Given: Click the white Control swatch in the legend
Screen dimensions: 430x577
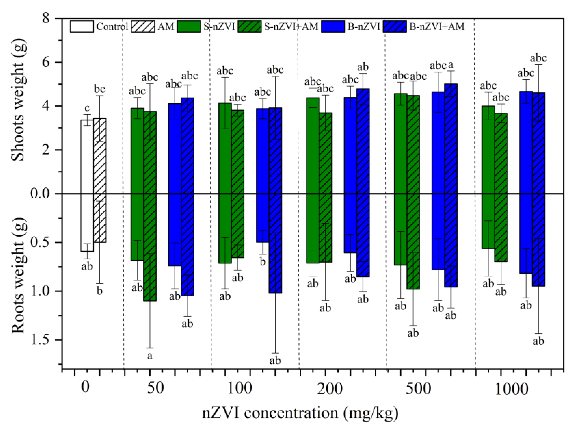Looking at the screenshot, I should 81,26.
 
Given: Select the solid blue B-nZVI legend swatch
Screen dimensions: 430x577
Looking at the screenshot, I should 333,26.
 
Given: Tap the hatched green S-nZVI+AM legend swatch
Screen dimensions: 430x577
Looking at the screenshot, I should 250,26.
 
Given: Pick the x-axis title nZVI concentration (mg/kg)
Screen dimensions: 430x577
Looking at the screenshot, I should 300,413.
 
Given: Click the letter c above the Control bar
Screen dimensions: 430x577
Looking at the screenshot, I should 87,108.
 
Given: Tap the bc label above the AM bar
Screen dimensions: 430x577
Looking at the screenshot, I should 99,89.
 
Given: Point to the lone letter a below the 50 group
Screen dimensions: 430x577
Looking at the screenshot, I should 149,356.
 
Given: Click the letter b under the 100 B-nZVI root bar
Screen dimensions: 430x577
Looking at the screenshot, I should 263,262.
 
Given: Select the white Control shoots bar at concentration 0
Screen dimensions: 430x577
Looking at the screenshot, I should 87,156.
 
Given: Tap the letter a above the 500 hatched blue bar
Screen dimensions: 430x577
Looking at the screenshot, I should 451,65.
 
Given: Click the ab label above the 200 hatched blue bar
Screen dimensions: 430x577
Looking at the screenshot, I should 363,67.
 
